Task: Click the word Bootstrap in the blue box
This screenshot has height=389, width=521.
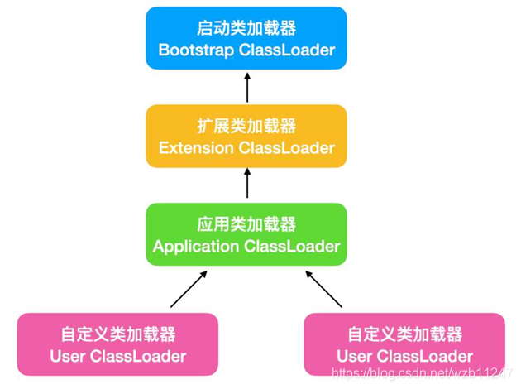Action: [196, 50]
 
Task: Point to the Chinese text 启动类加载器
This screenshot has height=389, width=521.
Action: [246, 28]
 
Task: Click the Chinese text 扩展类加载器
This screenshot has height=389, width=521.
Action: [246, 127]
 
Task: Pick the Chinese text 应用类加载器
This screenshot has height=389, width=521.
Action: [246, 224]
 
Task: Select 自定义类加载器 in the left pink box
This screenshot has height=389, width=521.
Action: [117, 334]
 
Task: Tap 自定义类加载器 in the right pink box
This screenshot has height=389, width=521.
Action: [404, 334]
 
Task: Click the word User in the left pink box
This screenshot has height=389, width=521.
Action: [68, 357]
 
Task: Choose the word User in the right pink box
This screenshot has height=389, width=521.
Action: [355, 357]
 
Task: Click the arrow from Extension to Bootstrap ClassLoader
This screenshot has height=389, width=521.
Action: [246, 88]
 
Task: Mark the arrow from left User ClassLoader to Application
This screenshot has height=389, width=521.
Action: [188, 289]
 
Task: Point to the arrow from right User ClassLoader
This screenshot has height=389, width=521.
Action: [323, 289]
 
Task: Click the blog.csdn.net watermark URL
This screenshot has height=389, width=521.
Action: [423, 375]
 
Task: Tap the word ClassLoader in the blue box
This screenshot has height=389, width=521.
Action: [287, 50]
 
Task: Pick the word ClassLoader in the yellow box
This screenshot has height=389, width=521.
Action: [287, 148]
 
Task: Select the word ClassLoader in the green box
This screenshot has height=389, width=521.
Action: [292, 247]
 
